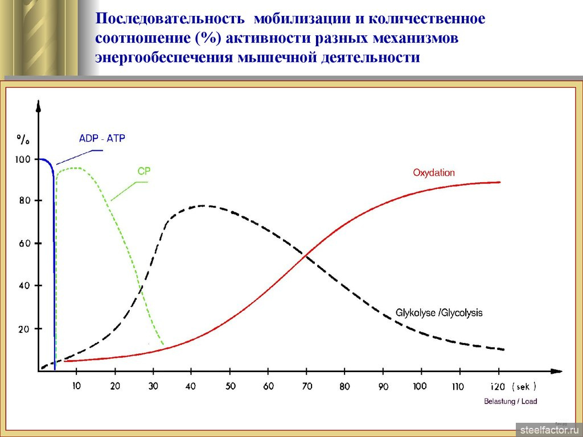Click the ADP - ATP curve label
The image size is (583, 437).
pyautogui.click(x=102, y=138)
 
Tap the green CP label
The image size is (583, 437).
pyautogui.click(x=144, y=171)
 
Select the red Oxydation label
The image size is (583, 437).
pyautogui.click(x=433, y=172)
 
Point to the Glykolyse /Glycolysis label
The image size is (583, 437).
pyautogui.click(x=439, y=312)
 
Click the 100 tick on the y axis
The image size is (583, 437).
pyautogui.click(x=22, y=159)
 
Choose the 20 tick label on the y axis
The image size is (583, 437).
pyautogui.click(x=24, y=329)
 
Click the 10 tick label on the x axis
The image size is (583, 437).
pyautogui.click(x=76, y=386)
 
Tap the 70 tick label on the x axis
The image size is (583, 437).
pyautogui.click(x=307, y=386)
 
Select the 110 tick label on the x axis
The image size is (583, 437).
pyautogui.click(x=458, y=386)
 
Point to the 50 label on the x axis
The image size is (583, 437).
pyautogui.click(x=230, y=386)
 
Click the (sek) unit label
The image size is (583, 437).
pyautogui.click(x=524, y=386)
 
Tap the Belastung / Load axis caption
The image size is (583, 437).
pyautogui.click(x=511, y=401)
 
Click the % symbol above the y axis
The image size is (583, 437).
pyautogui.click(x=23, y=139)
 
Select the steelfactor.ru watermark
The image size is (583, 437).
pyautogui.click(x=549, y=430)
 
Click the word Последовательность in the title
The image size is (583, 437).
pyautogui.click(x=170, y=18)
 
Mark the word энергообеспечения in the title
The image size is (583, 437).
pyautogui.click(x=163, y=57)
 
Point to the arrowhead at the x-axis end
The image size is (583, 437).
pyautogui.click(x=557, y=371)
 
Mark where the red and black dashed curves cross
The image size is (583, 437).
pyautogui.click(x=306, y=255)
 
